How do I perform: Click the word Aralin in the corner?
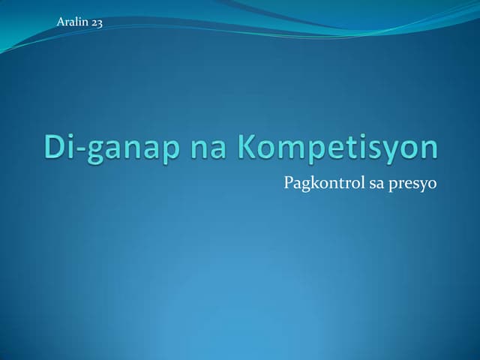click(72, 22)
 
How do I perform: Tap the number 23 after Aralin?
click(97, 22)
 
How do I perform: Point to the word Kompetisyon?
click(338, 148)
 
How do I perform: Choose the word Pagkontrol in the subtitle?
click(320, 183)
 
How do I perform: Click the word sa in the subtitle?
click(375, 183)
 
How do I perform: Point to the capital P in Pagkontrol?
click(289, 182)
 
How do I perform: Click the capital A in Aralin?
click(60, 22)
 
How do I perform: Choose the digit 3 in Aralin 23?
click(100, 22)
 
